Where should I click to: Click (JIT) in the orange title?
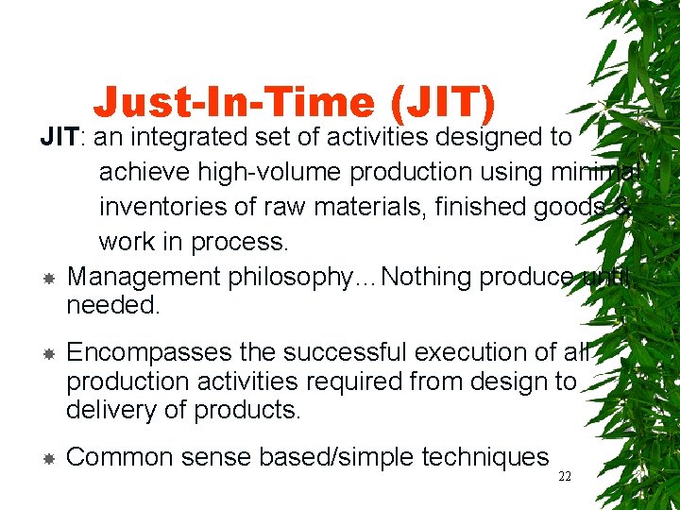pos(445,103)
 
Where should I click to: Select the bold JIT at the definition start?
pos(60,138)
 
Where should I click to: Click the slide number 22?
pos(565,477)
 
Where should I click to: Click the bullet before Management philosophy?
pos(48,279)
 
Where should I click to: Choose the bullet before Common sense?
pos(48,459)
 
